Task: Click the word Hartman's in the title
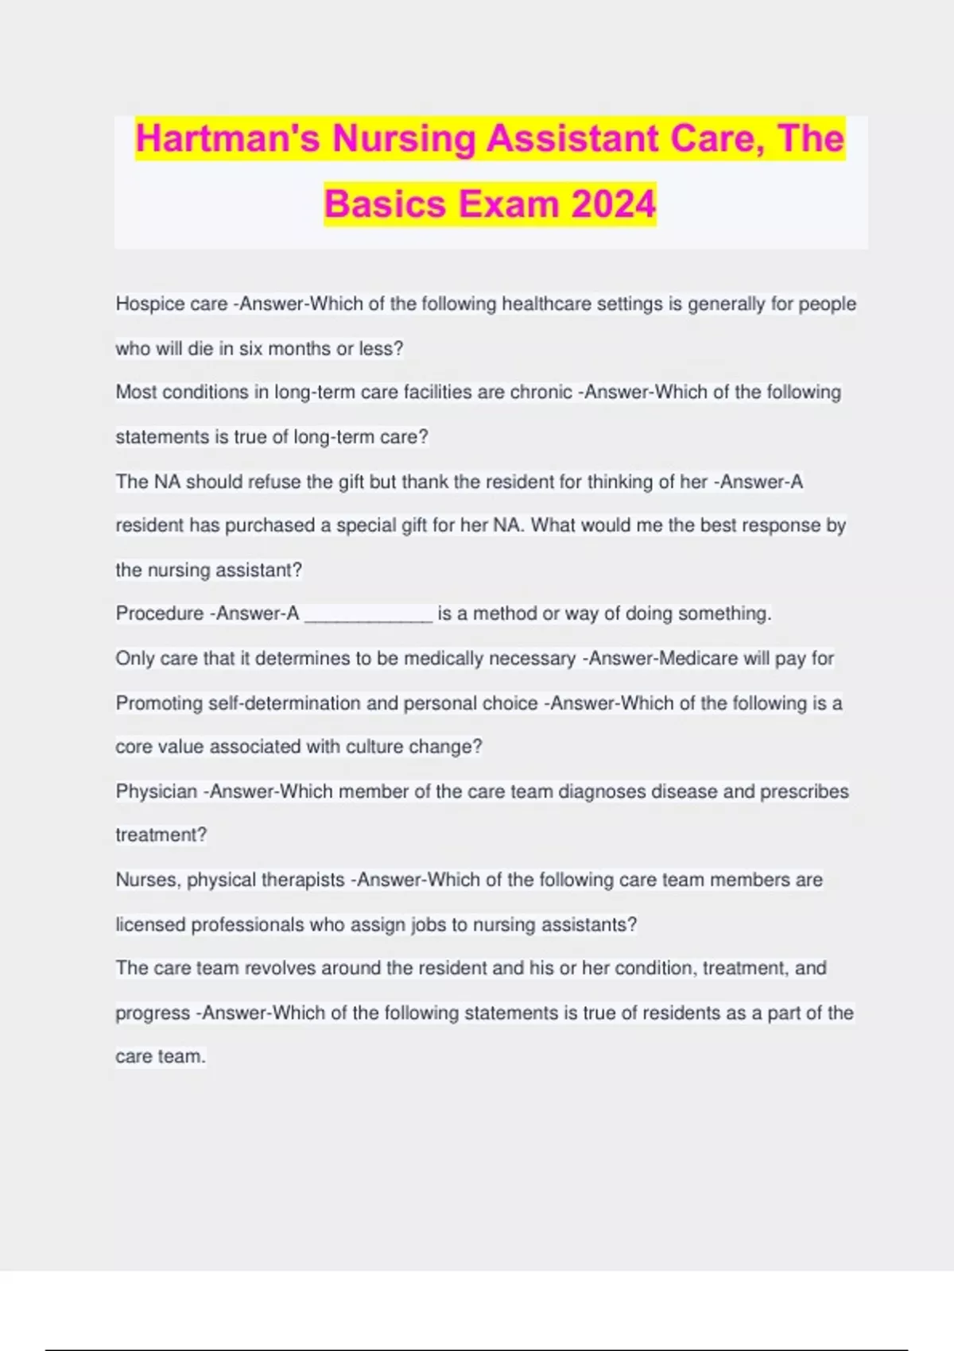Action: [x=228, y=139]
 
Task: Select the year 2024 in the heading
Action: [x=613, y=204]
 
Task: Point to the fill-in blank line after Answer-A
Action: [x=368, y=614]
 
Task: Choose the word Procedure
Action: [x=159, y=614]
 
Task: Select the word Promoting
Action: [x=159, y=703]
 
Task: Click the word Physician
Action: [x=156, y=792]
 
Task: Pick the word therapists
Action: [x=303, y=881]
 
